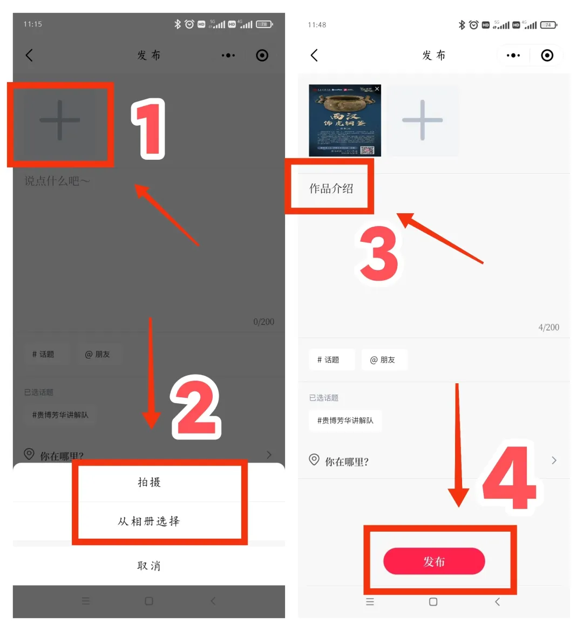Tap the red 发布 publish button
click(x=434, y=561)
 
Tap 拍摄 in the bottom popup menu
click(x=149, y=482)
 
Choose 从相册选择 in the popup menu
click(x=149, y=521)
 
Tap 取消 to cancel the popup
click(x=149, y=566)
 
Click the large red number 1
click(x=148, y=129)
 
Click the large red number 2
click(x=195, y=407)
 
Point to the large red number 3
click(x=379, y=254)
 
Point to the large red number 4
click(x=509, y=478)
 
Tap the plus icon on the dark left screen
click(x=60, y=120)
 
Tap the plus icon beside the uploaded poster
click(x=422, y=120)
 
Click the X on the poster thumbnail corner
click(x=377, y=89)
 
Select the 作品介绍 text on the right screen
click(x=331, y=188)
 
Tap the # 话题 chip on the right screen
click(x=329, y=359)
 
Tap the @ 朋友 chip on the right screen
click(x=383, y=359)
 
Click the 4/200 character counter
click(x=548, y=327)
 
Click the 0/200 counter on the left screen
click(x=263, y=322)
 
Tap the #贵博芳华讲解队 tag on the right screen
click(x=345, y=420)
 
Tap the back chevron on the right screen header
click(x=315, y=55)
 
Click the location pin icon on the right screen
click(x=314, y=460)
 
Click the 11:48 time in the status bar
click(x=317, y=25)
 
